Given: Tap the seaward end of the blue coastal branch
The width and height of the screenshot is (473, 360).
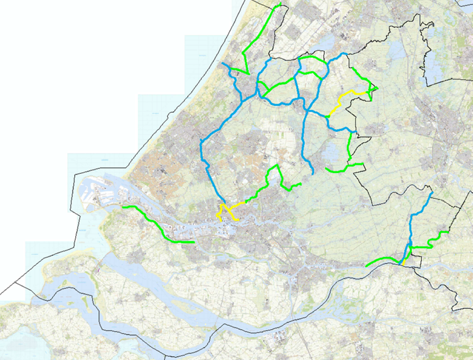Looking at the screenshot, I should [224, 64].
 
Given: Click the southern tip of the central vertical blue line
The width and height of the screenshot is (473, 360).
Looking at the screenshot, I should [312, 173].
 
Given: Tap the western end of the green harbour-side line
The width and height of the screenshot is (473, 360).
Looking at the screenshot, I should [123, 207].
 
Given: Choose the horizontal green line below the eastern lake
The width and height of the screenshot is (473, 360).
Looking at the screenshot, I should [343, 168].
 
